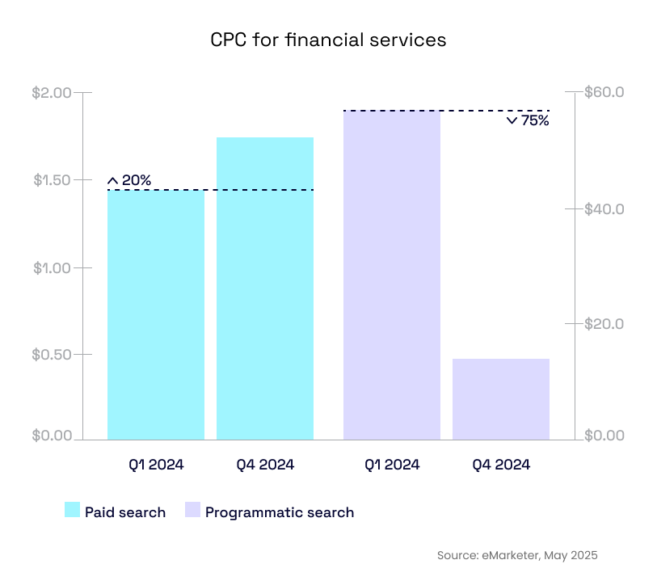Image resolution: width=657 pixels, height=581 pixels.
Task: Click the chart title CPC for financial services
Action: pos(328,40)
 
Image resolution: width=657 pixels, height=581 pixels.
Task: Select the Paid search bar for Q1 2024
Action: pos(156,315)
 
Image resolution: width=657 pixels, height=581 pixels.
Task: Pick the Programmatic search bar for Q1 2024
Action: pos(392,275)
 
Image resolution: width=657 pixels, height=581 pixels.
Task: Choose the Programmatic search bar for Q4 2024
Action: pos(501,399)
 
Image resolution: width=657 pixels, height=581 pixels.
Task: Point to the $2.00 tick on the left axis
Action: pos(52,93)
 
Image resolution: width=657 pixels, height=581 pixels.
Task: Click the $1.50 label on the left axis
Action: pos(52,180)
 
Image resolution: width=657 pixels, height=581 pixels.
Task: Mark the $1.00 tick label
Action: pos(52,267)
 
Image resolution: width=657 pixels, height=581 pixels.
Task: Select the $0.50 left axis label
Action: pos(52,355)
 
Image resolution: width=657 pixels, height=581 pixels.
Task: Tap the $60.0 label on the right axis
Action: pos(605,93)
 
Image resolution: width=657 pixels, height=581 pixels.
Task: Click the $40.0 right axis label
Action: pos(605,209)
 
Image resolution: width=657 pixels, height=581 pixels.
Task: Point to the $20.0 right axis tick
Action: pos(605,324)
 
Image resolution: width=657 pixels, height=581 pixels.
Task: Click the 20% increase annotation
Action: pos(129,180)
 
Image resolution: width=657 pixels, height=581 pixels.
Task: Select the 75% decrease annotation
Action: pos(528,121)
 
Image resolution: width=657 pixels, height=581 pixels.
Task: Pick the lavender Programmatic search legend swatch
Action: pos(192,510)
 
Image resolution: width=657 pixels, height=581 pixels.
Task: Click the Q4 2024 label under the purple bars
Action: pos(501,465)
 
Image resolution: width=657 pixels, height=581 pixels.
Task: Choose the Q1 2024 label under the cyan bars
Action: pos(156,465)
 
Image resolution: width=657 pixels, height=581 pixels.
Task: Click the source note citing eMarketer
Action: pos(517,555)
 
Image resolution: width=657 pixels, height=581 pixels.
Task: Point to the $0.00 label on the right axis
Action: pos(605,436)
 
